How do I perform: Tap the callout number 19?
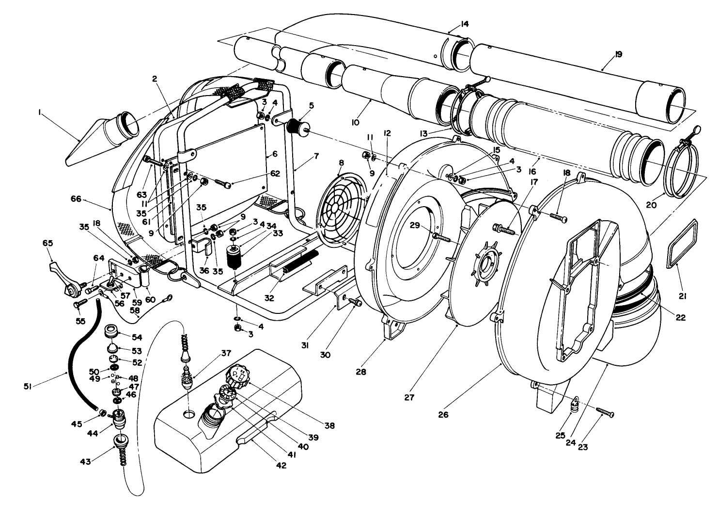618,54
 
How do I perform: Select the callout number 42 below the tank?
281,465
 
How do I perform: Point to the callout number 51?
29,386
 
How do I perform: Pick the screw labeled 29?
442,237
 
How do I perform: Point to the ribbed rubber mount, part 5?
295,126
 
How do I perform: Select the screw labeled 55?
79,303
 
